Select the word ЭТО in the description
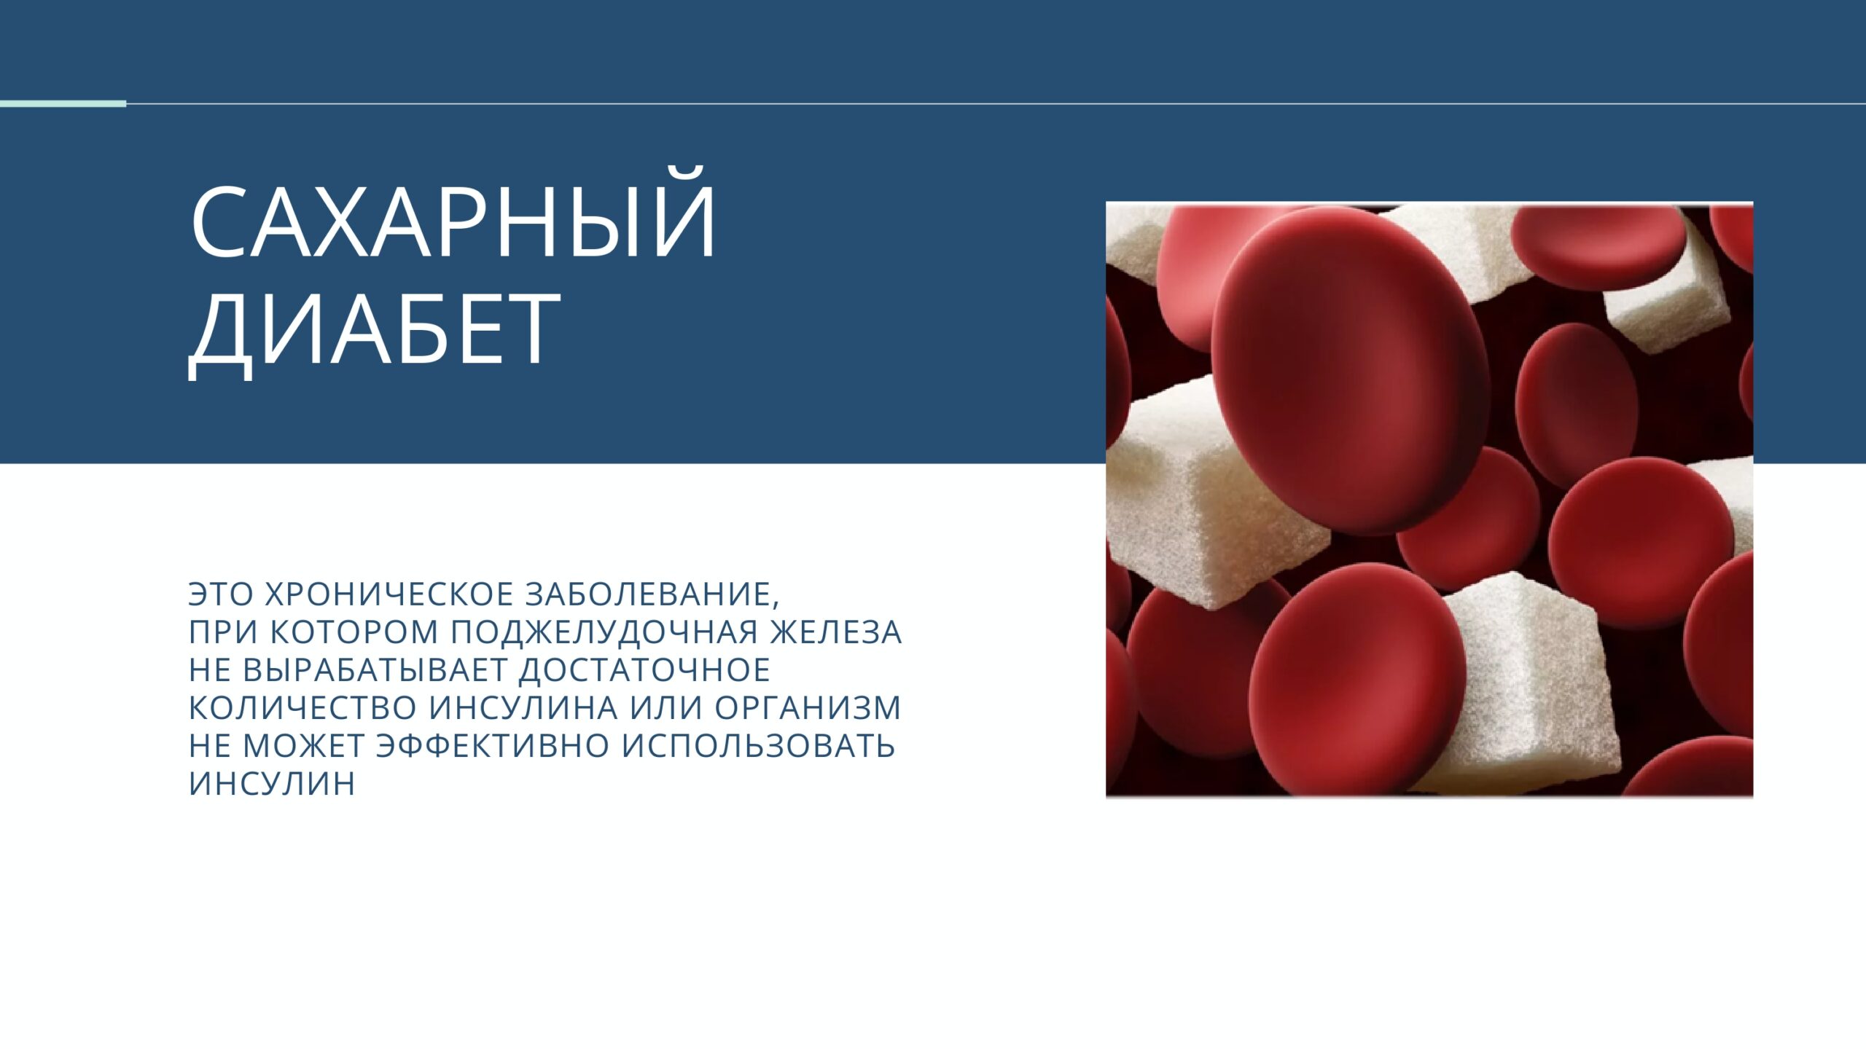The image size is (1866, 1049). (221, 594)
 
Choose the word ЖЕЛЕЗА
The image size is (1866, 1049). (836, 632)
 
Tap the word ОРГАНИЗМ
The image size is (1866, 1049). (808, 708)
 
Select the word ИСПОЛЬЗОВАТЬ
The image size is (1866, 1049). (758, 746)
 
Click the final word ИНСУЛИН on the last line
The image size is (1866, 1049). (272, 784)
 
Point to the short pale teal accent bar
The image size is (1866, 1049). (63, 104)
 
